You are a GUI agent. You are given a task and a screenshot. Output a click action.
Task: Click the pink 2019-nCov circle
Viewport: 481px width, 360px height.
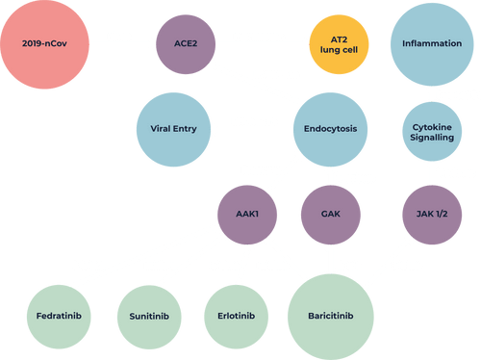pos(44,44)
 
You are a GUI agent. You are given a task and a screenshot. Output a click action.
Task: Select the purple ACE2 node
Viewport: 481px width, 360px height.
pos(186,44)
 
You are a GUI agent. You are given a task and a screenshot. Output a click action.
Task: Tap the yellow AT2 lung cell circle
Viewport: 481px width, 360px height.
pos(339,44)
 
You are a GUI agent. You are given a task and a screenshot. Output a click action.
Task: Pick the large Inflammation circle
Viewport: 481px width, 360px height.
pos(432,44)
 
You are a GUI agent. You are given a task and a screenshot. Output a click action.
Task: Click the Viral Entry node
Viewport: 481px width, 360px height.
pos(173,130)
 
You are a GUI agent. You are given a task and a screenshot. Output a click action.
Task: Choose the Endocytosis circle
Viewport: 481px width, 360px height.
pos(330,130)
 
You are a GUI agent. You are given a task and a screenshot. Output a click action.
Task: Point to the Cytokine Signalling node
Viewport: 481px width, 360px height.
pos(432,132)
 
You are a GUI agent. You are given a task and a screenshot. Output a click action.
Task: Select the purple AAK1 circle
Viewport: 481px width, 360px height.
pos(247,215)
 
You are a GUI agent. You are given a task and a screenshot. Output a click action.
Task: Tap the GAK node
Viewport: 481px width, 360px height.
pos(331,215)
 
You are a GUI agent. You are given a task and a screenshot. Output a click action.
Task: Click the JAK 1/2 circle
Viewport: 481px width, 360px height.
pos(432,215)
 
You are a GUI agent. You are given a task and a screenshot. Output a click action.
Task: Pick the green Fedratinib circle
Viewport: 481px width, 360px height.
pos(59,317)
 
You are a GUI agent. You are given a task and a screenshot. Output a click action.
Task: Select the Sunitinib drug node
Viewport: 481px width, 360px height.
pos(149,318)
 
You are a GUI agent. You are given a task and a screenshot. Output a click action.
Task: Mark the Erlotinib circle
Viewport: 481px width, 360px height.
pos(237,317)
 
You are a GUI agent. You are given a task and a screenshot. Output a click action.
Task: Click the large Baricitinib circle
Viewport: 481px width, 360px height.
pos(331,317)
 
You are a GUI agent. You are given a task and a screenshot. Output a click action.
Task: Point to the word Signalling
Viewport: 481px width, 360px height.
pos(432,138)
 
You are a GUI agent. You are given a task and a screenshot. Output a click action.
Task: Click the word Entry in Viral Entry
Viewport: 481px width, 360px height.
pos(185,129)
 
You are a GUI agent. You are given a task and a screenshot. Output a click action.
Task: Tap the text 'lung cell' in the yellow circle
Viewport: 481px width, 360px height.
pos(339,50)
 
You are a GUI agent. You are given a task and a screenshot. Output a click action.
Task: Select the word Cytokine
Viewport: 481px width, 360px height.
pos(432,127)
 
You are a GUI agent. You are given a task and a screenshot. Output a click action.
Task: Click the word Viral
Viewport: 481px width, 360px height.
pos(161,129)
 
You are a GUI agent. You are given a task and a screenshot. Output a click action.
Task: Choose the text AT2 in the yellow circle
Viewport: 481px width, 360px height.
pos(339,39)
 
